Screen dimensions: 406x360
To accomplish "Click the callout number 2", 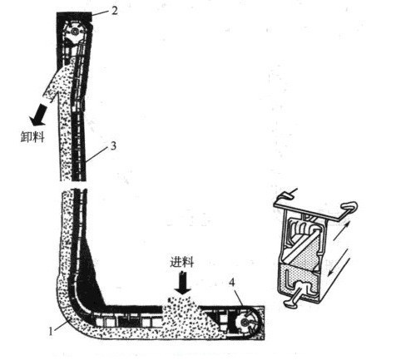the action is pyautogui.click(x=115, y=11).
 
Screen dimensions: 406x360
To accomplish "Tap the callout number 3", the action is pyautogui.click(x=113, y=146).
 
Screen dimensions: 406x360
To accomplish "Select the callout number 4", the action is pyautogui.click(x=232, y=283).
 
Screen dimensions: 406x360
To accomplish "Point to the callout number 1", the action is pyautogui.click(x=51, y=331).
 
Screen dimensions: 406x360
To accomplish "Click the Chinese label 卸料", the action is pyautogui.click(x=32, y=136).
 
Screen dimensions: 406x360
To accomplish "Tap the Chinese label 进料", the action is pyautogui.click(x=182, y=262).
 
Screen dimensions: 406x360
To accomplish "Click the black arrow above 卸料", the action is pyautogui.click(x=40, y=115).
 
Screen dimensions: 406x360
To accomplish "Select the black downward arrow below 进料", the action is pyautogui.click(x=183, y=284).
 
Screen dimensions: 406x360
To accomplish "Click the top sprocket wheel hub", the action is pyautogui.click(x=74, y=32).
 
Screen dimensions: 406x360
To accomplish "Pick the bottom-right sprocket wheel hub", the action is pyautogui.click(x=245, y=322).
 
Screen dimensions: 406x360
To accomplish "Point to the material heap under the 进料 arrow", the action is pyautogui.click(x=181, y=310).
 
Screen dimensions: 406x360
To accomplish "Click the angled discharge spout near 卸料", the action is pyautogui.click(x=57, y=83).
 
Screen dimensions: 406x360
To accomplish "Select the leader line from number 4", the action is pyautogui.click(x=239, y=298).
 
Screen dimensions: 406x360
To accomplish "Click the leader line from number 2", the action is pyautogui.click(x=101, y=13).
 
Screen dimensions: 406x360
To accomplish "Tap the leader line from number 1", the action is pyautogui.click(x=62, y=324).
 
